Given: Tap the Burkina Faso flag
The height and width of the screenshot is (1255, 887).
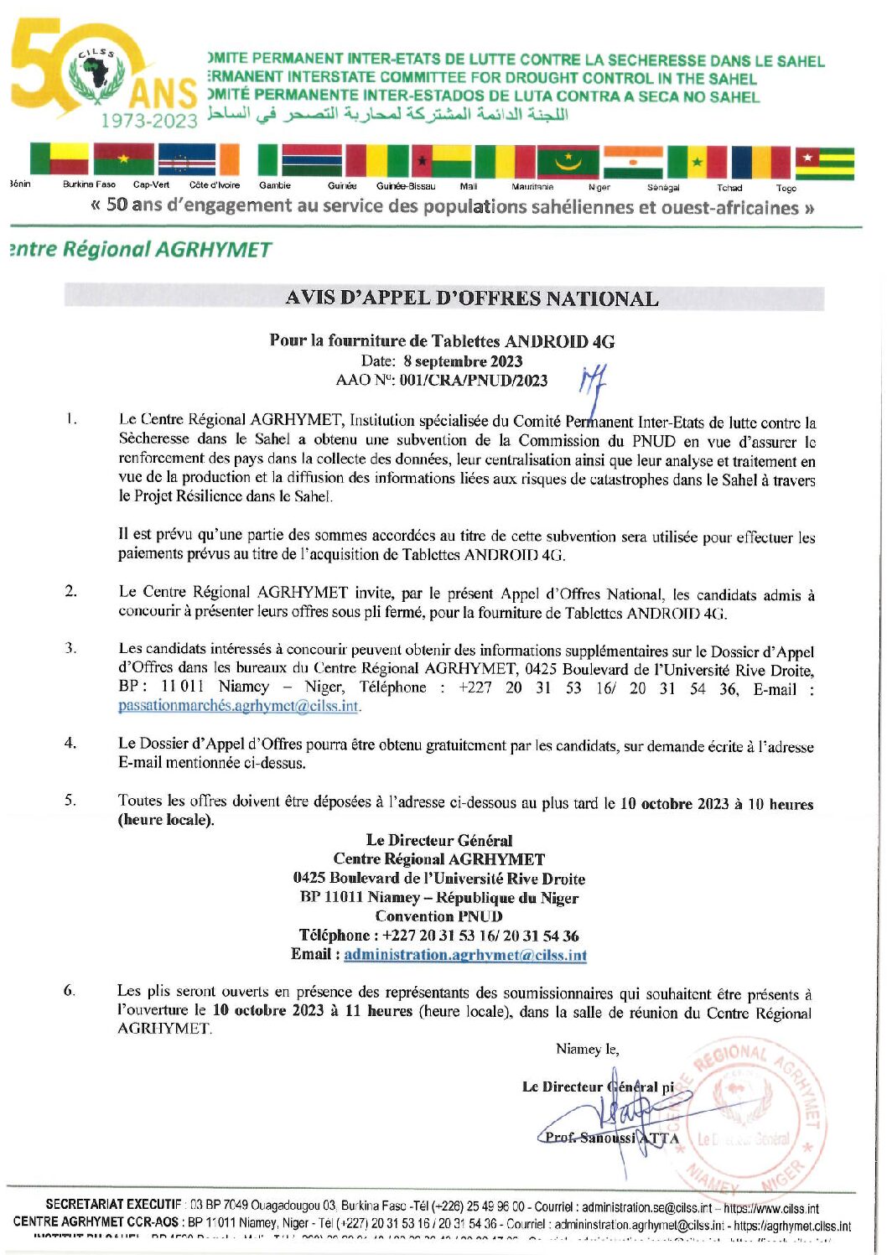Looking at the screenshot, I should [x=123, y=160].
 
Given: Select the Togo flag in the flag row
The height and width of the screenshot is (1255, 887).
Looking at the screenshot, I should [x=824, y=163].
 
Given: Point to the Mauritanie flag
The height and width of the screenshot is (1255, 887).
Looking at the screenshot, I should [x=568, y=162].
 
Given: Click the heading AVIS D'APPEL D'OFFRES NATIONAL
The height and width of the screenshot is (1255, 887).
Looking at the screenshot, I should [x=471, y=298].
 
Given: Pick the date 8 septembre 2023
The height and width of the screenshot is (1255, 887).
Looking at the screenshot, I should [x=462, y=361].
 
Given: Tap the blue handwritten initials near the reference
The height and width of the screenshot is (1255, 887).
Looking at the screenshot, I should [x=593, y=381].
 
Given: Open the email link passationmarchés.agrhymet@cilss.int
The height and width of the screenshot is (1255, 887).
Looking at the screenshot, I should [x=238, y=706].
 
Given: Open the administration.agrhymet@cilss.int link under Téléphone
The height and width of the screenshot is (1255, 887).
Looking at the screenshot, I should [x=464, y=955].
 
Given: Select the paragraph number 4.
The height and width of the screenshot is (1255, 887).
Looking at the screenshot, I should [x=70, y=743].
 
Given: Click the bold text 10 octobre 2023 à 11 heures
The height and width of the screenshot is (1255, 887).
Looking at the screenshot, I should [x=312, y=1011].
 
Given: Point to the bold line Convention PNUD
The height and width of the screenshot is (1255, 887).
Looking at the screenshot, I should [x=438, y=916].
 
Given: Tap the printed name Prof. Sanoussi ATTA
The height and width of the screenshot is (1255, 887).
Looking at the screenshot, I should [x=609, y=1138].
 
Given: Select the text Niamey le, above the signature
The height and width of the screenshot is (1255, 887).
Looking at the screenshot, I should [x=587, y=1050].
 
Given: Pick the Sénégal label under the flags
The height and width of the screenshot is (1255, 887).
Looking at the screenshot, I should [x=662, y=188].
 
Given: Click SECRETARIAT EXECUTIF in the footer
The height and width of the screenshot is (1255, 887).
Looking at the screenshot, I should [x=113, y=1206].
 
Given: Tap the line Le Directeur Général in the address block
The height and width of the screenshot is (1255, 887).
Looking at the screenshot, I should [x=438, y=840].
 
